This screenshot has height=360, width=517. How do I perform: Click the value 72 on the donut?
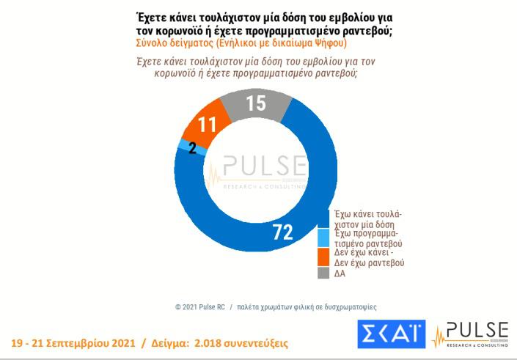pos(282,232)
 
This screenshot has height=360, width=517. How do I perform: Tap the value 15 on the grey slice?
pos(256,103)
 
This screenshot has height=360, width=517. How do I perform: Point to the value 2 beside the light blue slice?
pos(192,148)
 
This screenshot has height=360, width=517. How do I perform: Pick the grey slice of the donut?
pos(253,106)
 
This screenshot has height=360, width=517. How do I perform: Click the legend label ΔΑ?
pos(340,274)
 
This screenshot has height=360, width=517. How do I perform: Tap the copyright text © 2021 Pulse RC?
pos(199,306)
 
